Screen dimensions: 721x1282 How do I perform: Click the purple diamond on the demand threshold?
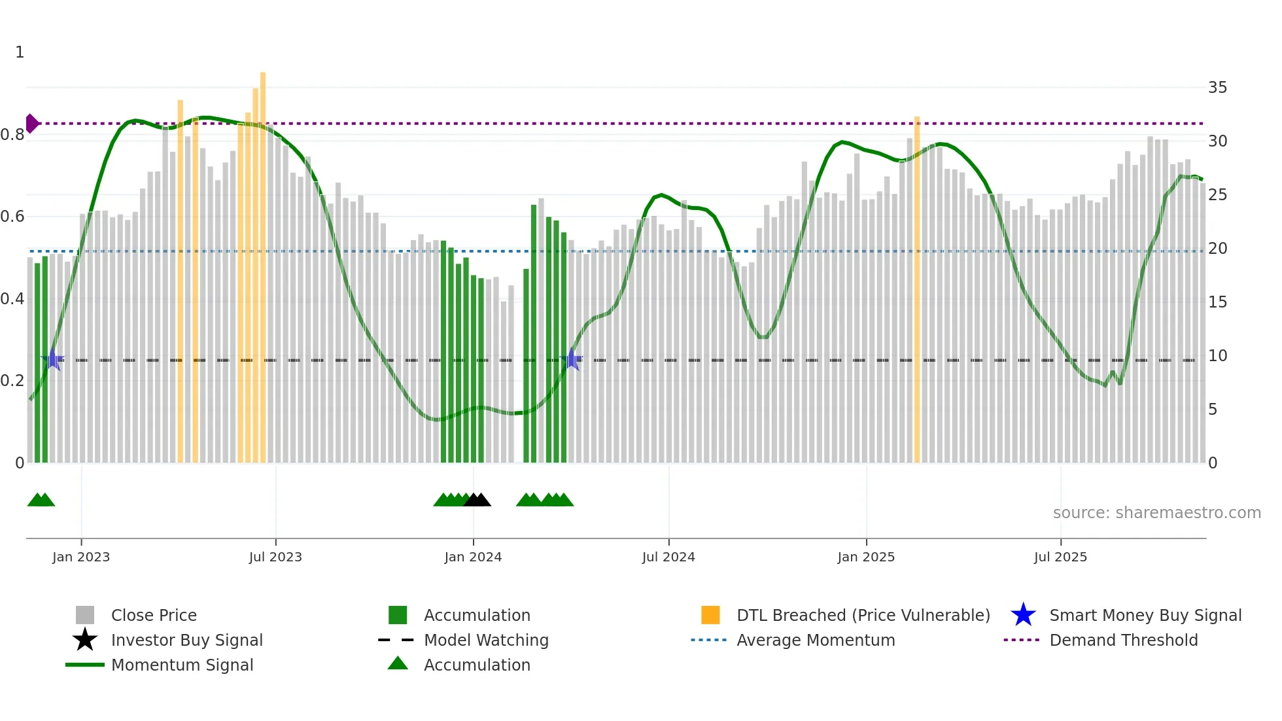coord(31,123)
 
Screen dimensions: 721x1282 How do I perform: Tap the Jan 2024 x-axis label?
coord(473,557)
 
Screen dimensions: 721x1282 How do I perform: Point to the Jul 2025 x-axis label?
coord(1060,557)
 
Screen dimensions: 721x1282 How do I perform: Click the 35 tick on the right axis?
coord(1217,88)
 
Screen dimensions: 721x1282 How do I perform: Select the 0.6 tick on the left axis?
coord(13,217)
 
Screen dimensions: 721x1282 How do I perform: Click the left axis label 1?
coord(20,52)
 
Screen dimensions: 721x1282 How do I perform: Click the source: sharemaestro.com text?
coord(1156,513)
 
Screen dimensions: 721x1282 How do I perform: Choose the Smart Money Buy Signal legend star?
coord(1023,615)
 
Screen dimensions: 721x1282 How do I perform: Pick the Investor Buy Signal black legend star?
coord(85,640)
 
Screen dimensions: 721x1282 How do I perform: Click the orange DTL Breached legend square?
coord(710,615)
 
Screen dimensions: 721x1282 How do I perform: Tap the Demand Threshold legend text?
coord(1123,640)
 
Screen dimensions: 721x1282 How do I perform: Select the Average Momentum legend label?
coord(816,640)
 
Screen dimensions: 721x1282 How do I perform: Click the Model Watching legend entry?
coord(486,640)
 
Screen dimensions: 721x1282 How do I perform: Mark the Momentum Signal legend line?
coord(85,665)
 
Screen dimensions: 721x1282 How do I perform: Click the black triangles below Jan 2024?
coord(477,501)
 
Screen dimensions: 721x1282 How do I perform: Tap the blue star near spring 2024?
coord(572,359)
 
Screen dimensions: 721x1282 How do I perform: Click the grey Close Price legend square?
coord(85,615)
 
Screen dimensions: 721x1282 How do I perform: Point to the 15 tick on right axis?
coord(1217,302)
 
